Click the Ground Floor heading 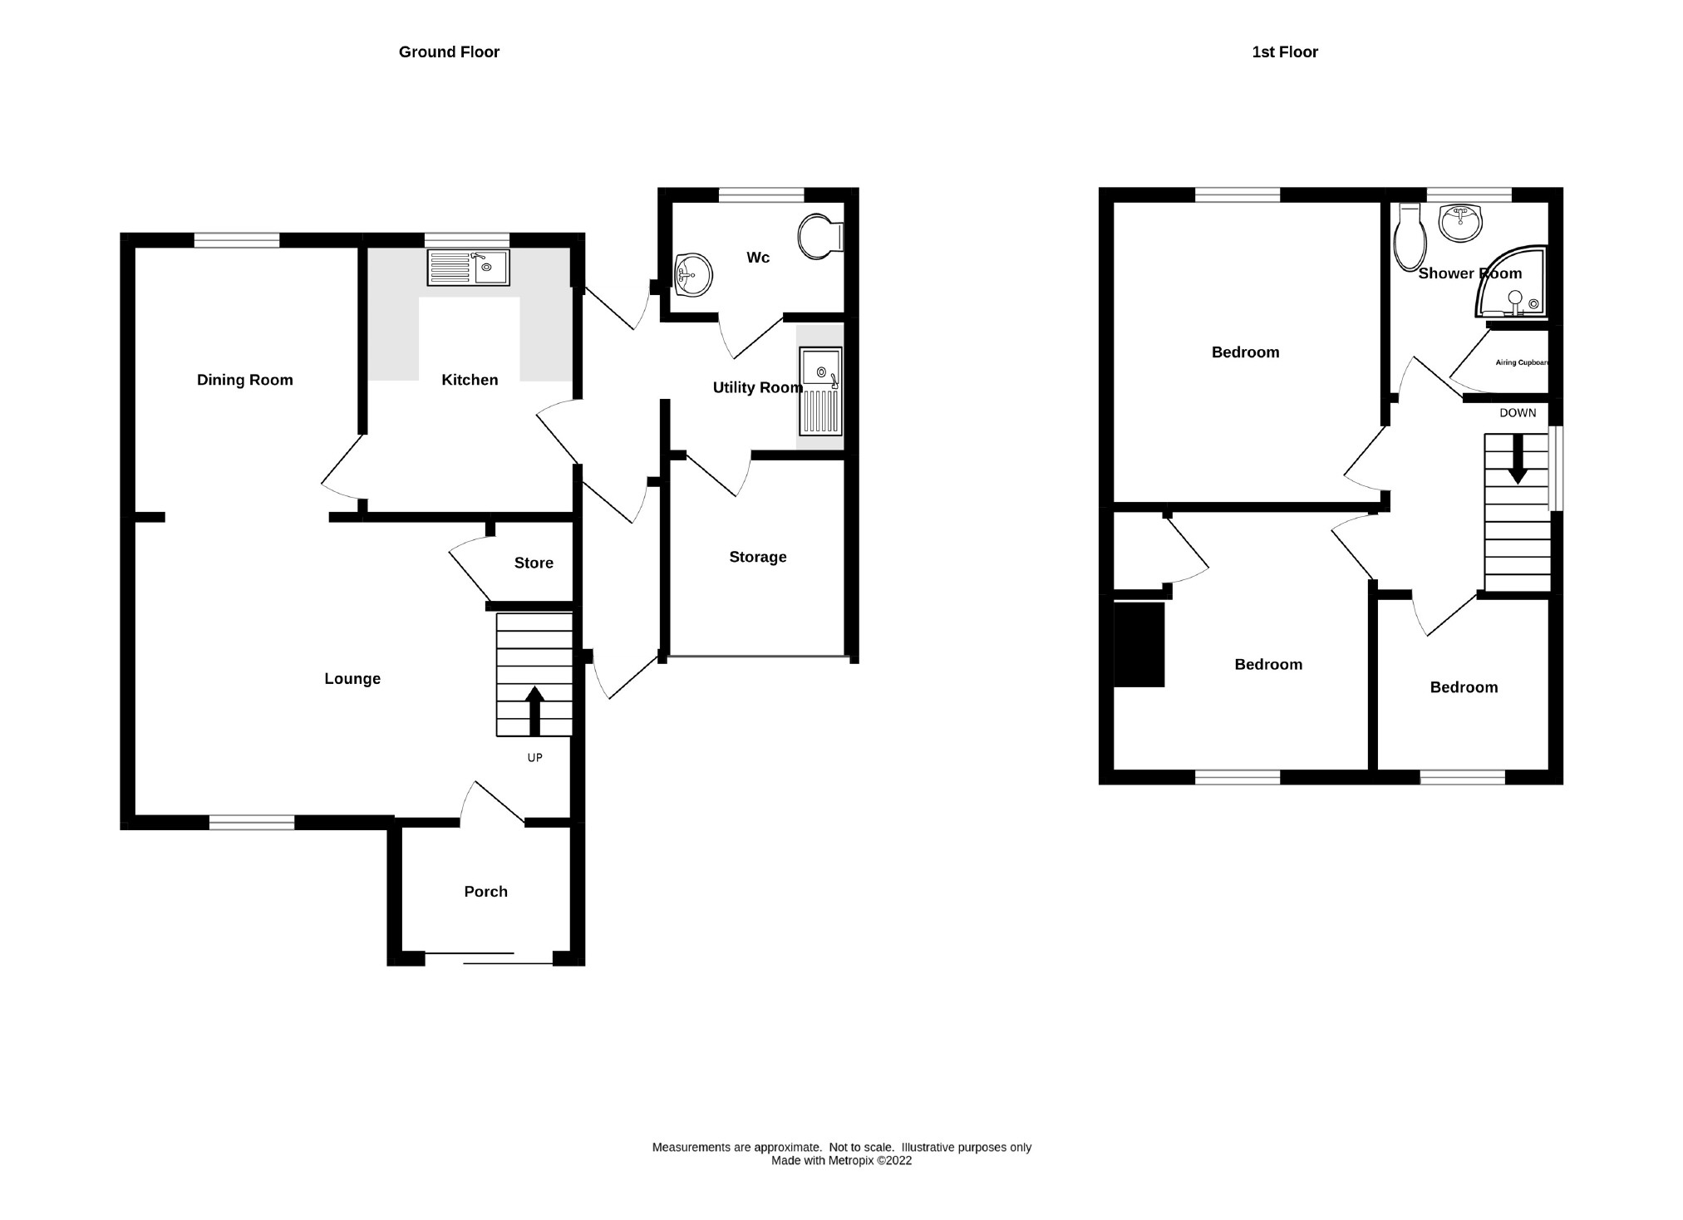pyautogui.click(x=449, y=52)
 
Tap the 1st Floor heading pyautogui.click(x=1284, y=52)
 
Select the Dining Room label pyautogui.click(x=244, y=380)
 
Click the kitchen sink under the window pyautogui.click(x=468, y=268)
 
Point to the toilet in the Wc pyautogui.click(x=819, y=237)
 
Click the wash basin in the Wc pyautogui.click(x=692, y=274)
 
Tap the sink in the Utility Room pyautogui.click(x=820, y=391)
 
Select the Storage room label pyautogui.click(x=757, y=557)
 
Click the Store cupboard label pyautogui.click(x=534, y=563)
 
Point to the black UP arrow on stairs pyautogui.click(x=534, y=710)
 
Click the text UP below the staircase pyautogui.click(x=534, y=758)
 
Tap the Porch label pyautogui.click(x=485, y=892)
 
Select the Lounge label pyautogui.click(x=352, y=679)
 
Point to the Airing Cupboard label pyautogui.click(x=1521, y=362)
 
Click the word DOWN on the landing pyautogui.click(x=1518, y=413)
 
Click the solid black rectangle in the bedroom pyautogui.click(x=1139, y=645)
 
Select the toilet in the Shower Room pyautogui.click(x=1410, y=239)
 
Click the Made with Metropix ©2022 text pyautogui.click(x=841, y=1161)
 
